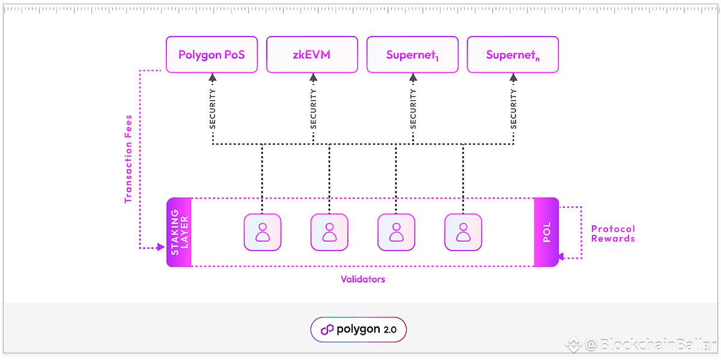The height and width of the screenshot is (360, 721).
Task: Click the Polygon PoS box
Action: click(211, 55)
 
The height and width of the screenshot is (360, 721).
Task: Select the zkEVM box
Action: click(312, 55)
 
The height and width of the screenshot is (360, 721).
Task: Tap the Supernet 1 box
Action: click(412, 55)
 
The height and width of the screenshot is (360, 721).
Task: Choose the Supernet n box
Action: click(513, 55)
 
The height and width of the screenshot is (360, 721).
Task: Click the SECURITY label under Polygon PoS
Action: click(213, 109)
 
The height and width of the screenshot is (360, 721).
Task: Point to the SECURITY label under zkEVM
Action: click(313, 109)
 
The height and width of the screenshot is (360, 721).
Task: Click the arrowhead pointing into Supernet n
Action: click(513, 78)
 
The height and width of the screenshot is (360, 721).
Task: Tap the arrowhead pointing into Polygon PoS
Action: click(213, 78)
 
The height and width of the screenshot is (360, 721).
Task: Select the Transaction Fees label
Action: click(129, 159)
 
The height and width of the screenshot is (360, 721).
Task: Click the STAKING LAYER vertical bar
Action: click(179, 232)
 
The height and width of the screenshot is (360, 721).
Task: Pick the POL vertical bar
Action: click(546, 232)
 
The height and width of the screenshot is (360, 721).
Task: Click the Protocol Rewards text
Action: click(613, 234)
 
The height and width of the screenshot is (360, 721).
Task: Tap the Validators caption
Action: click(363, 279)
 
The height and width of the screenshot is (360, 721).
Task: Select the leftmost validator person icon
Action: click(263, 232)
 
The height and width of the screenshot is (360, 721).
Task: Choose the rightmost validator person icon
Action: click(463, 232)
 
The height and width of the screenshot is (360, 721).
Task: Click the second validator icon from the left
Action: click(329, 232)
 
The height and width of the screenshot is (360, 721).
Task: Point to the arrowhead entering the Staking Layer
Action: click(161, 247)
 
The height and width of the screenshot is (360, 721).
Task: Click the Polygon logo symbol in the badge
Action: click(327, 330)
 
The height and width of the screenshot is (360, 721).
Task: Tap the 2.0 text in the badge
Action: click(390, 330)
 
